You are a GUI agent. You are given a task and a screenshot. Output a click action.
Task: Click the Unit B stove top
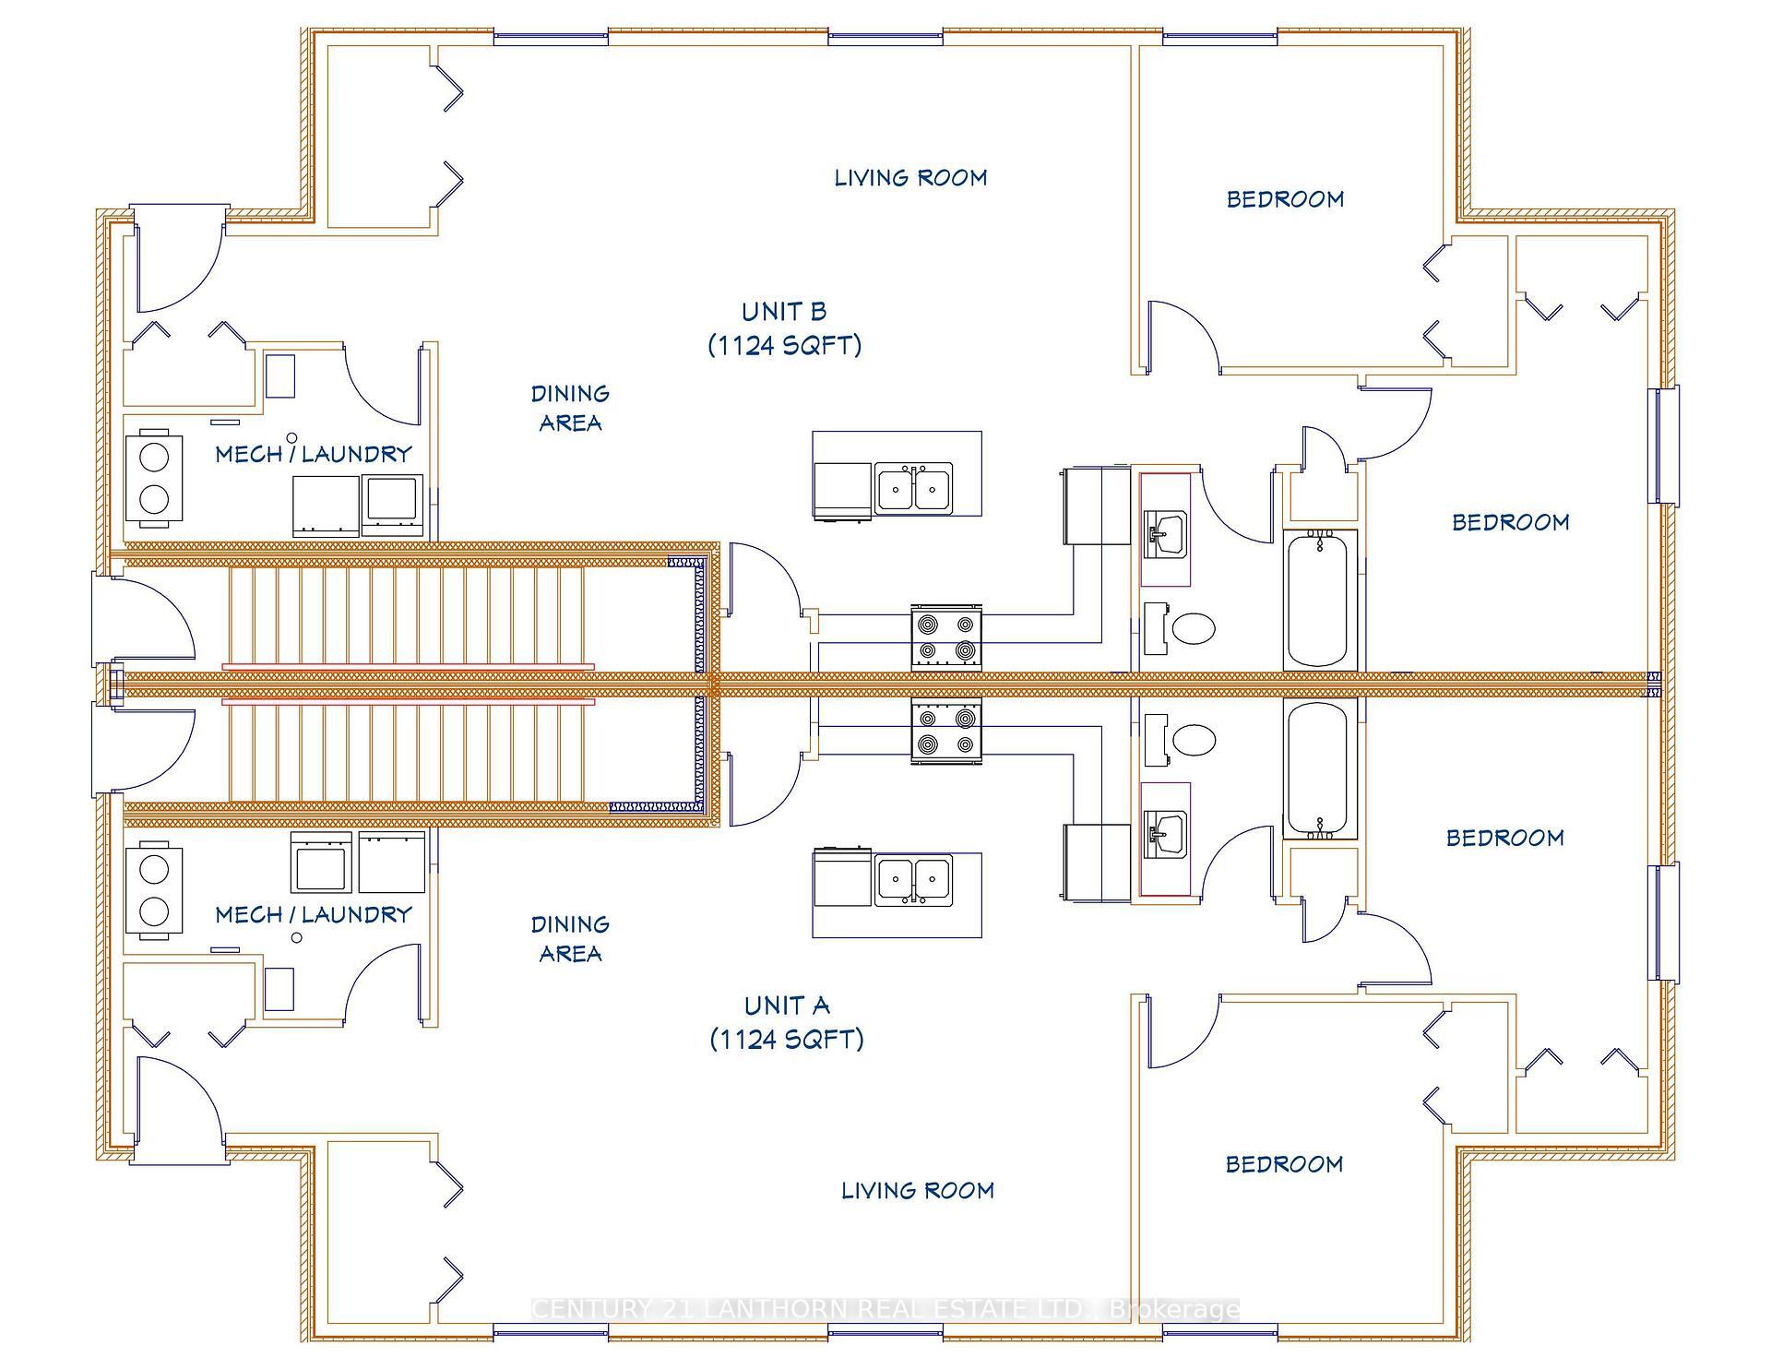tap(946, 637)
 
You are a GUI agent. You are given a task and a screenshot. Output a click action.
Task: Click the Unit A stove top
tap(946, 731)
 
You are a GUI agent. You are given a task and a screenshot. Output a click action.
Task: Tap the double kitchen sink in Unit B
tap(913, 487)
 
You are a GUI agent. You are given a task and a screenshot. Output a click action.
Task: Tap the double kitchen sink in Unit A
tap(913, 880)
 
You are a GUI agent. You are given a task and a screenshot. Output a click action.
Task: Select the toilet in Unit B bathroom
tap(1192, 629)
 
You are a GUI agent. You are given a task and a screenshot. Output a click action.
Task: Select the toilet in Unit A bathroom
tap(1192, 740)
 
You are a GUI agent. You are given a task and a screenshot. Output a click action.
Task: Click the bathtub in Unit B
tap(1319, 600)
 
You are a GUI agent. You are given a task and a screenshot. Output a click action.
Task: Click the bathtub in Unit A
tap(1319, 768)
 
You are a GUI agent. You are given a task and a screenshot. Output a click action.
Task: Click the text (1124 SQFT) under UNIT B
tap(785, 345)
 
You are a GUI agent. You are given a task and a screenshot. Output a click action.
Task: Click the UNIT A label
tap(787, 1005)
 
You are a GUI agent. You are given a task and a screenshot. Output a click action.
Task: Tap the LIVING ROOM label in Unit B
tap(910, 177)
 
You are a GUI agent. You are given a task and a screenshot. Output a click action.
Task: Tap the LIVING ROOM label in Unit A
tap(918, 1190)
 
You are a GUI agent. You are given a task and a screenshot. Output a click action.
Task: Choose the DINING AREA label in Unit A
tap(570, 938)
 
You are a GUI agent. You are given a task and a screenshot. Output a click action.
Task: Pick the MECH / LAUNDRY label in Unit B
tap(314, 453)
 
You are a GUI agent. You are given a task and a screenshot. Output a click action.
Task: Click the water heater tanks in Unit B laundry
tap(154, 478)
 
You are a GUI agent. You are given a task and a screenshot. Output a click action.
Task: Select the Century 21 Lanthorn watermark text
tap(885, 1308)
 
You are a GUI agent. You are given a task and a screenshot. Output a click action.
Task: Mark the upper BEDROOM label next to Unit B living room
tap(1285, 198)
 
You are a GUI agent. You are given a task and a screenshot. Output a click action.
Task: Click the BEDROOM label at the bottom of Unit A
tap(1284, 1163)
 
